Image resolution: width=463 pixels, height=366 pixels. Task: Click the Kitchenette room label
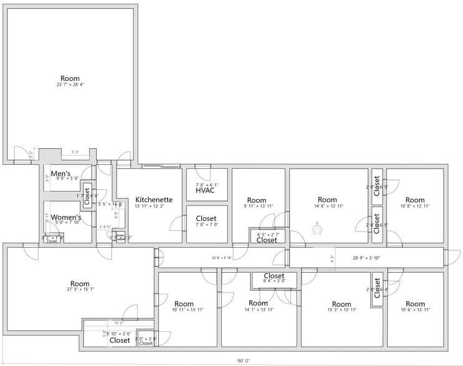point(153,200)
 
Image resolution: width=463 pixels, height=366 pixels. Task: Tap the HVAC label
point(205,190)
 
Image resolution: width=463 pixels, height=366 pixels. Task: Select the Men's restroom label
point(60,174)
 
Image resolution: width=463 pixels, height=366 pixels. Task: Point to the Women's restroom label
point(66,217)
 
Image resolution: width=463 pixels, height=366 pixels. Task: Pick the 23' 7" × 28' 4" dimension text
point(70,85)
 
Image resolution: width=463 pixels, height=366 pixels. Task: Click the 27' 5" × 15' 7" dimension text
point(80,289)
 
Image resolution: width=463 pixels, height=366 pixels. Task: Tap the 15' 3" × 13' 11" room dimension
point(341,309)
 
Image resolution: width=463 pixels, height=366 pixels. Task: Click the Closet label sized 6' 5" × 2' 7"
point(267,240)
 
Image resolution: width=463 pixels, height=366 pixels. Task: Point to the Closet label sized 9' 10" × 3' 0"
point(120,340)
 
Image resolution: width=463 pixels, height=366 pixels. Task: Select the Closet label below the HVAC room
point(206,218)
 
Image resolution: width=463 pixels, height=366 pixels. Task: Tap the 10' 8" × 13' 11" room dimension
point(414,205)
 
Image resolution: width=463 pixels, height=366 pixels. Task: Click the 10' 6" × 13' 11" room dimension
point(414,309)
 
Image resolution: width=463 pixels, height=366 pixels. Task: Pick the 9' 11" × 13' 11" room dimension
point(257,205)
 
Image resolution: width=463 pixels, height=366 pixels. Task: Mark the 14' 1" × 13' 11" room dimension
point(257,309)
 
